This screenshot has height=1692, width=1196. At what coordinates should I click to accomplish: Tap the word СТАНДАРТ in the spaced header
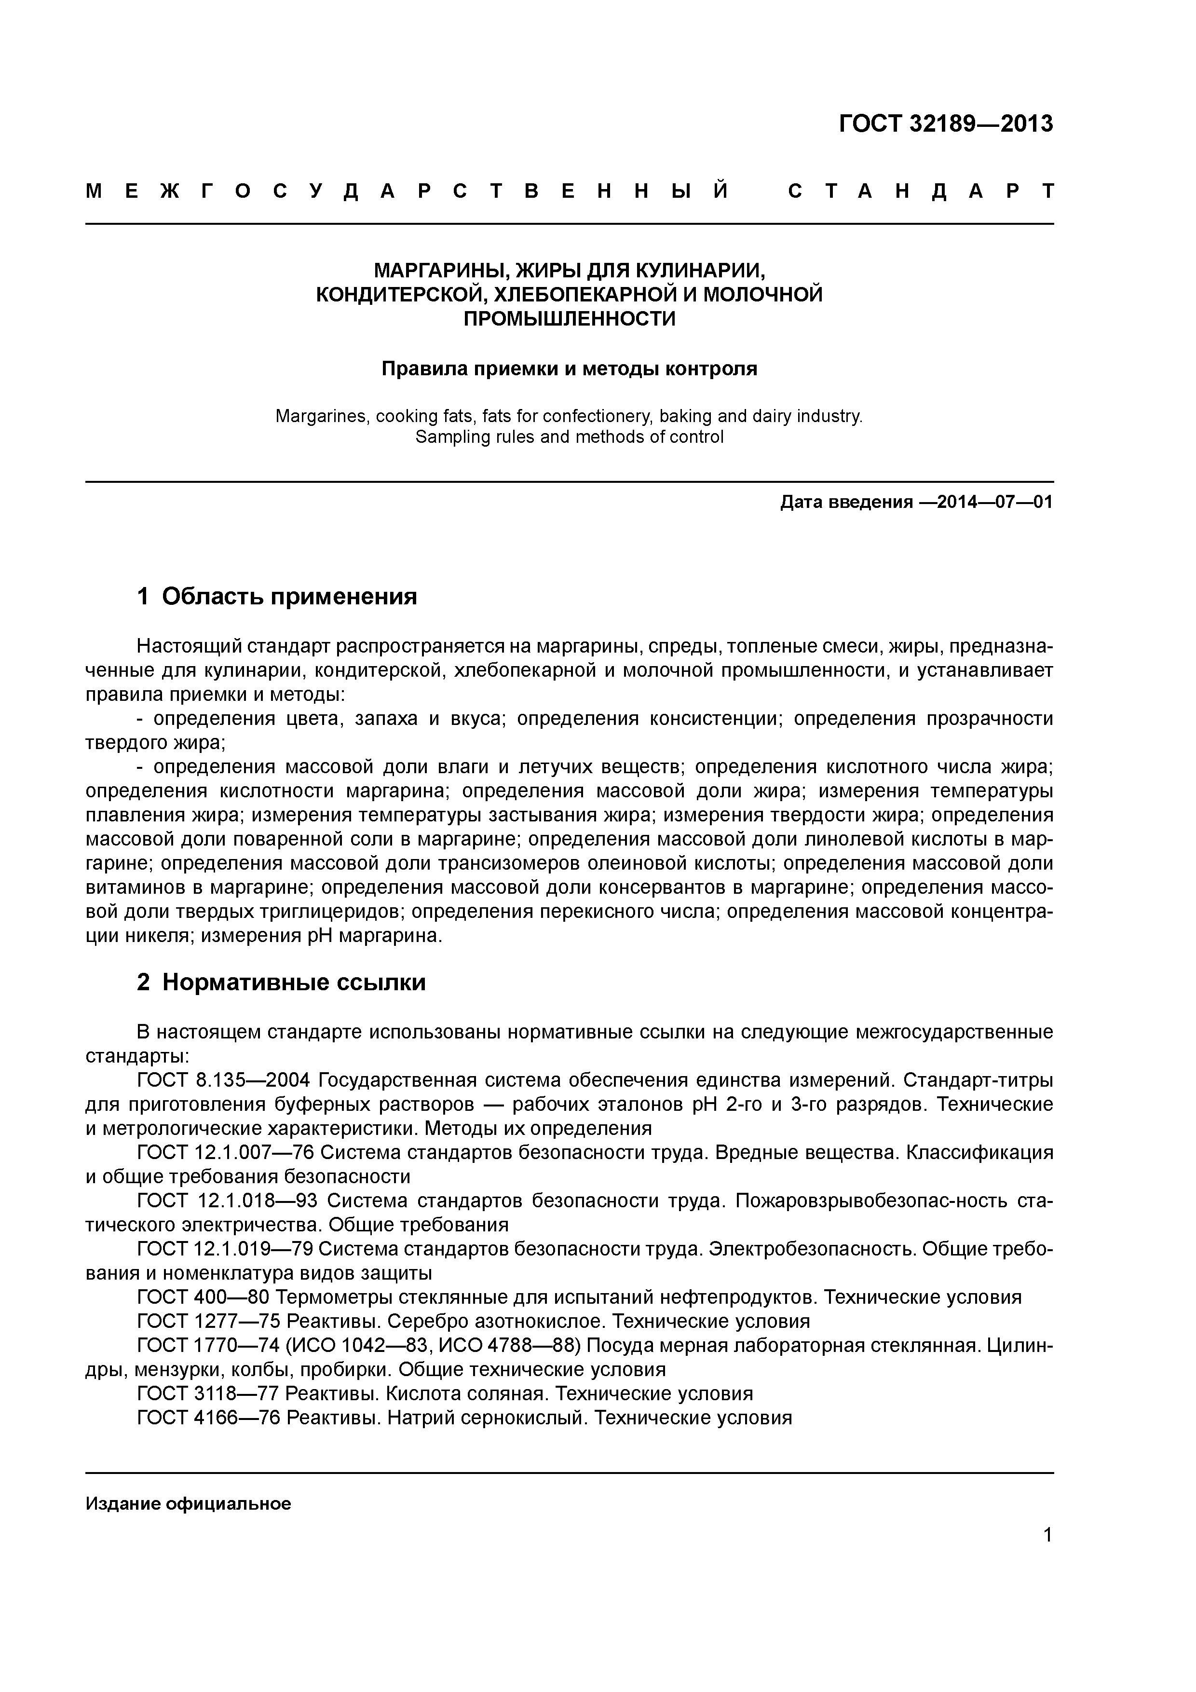[921, 191]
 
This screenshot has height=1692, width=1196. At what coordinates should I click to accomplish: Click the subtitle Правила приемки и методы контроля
[569, 368]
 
